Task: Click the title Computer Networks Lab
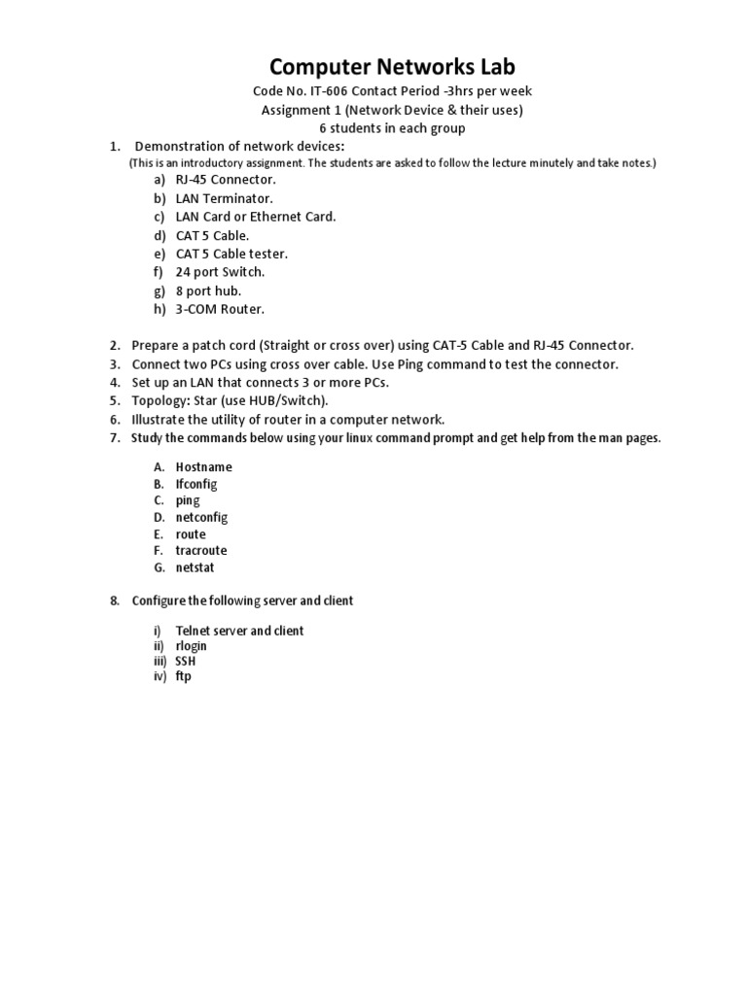point(392,66)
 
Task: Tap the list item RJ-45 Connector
point(226,180)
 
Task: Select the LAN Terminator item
point(224,198)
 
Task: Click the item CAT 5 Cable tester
point(231,254)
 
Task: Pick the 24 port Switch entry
point(220,272)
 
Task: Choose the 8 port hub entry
point(208,291)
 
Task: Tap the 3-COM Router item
point(220,309)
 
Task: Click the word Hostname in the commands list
point(203,467)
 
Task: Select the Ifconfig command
point(196,484)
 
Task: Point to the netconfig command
point(201,518)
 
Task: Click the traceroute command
point(201,551)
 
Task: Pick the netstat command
point(195,567)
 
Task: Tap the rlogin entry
point(191,646)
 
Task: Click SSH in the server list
point(187,661)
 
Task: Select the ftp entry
point(184,676)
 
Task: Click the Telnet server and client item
point(239,631)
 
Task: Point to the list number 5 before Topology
point(114,401)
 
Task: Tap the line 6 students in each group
point(392,128)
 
